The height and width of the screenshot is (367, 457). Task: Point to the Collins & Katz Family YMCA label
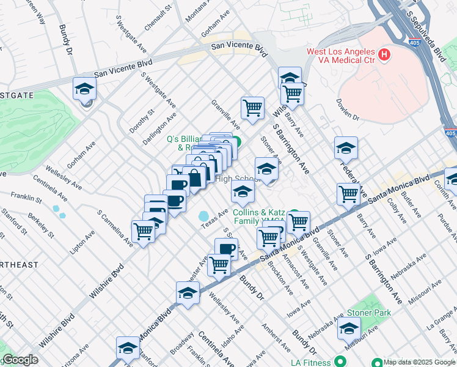pyautogui.click(x=260, y=217)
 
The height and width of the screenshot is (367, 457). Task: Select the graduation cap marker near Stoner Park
pyautogui.click(x=349, y=329)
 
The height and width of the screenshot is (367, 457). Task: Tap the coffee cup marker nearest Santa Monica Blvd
pyautogui.click(x=226, y=248)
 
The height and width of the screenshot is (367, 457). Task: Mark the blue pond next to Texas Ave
pyautogui.click(x=202, y=217)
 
